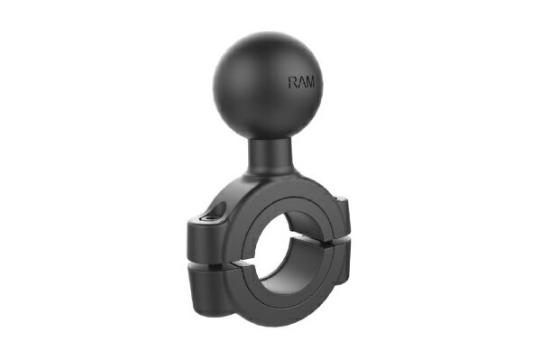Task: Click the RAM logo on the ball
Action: (x=302, y=82)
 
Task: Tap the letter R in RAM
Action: (x=293, y=82)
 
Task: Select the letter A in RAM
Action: (x=302, y=82)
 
